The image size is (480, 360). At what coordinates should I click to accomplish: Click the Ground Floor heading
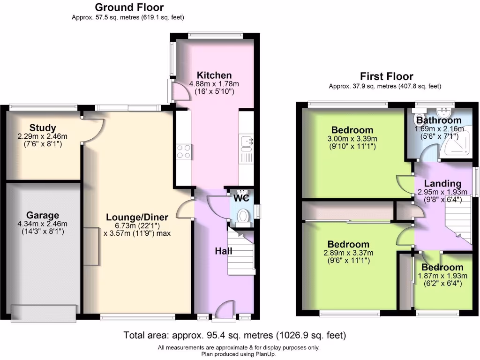(129, 7)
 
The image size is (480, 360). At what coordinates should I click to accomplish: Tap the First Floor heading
(386, 76)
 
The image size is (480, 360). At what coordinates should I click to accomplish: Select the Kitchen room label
(214, 75)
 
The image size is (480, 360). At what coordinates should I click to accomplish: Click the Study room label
(43, 127)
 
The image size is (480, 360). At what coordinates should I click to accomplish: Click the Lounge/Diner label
(137, 217)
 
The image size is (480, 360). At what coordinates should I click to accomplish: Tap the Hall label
(224, 251)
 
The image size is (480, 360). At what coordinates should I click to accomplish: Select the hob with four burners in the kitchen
(183, 151)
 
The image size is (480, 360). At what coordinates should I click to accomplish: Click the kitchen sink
(246, 140)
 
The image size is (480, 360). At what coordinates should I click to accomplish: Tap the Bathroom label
(439, 120)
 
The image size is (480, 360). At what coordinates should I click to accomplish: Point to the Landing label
(442, 183)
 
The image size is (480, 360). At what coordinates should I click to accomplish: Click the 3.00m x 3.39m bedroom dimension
(352, 139)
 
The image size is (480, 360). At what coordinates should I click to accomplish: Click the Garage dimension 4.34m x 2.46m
(43, 224)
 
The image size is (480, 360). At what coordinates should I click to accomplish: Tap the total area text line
(235, 335)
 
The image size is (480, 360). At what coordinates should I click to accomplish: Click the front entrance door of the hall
(225, 310)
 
